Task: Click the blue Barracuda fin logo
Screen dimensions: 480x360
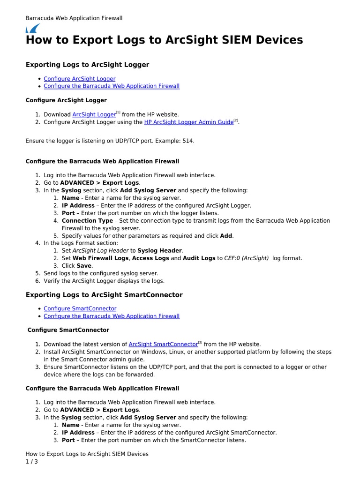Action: pyautogui.click(x=32, y=28)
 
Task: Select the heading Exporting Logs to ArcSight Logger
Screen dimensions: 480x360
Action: pyautogui.click(x=87, y=65)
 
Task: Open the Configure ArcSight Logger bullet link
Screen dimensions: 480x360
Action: pyautogui.click(x=79, y=79)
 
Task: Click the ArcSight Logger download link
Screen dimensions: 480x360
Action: pyautogui.click(x=94, y=114)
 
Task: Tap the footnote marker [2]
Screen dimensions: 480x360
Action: pyautogui.click(x=236, y=120)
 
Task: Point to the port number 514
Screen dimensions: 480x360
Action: pyautogui.click(x=187, y=141)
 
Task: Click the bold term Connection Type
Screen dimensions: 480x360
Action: pyautogui.click(x=87, y=220)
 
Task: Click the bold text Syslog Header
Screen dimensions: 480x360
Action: pyautogui.click(x=160, y=250)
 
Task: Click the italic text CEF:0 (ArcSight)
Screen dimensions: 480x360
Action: pyautogui.click(x=247, y=258)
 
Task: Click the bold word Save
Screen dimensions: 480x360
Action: pyautogui.click(x=84, y=265)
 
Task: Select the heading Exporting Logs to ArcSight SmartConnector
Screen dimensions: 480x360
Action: pyautogui.click(x=104, y=295)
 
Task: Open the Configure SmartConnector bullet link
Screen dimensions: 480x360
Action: pyautogui.click(x=80, y=308)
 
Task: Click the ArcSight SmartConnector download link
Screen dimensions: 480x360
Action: pyautogui.click(x=163, y=344)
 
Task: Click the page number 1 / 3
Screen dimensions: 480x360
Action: pyautogui.click(x=31, y=462)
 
